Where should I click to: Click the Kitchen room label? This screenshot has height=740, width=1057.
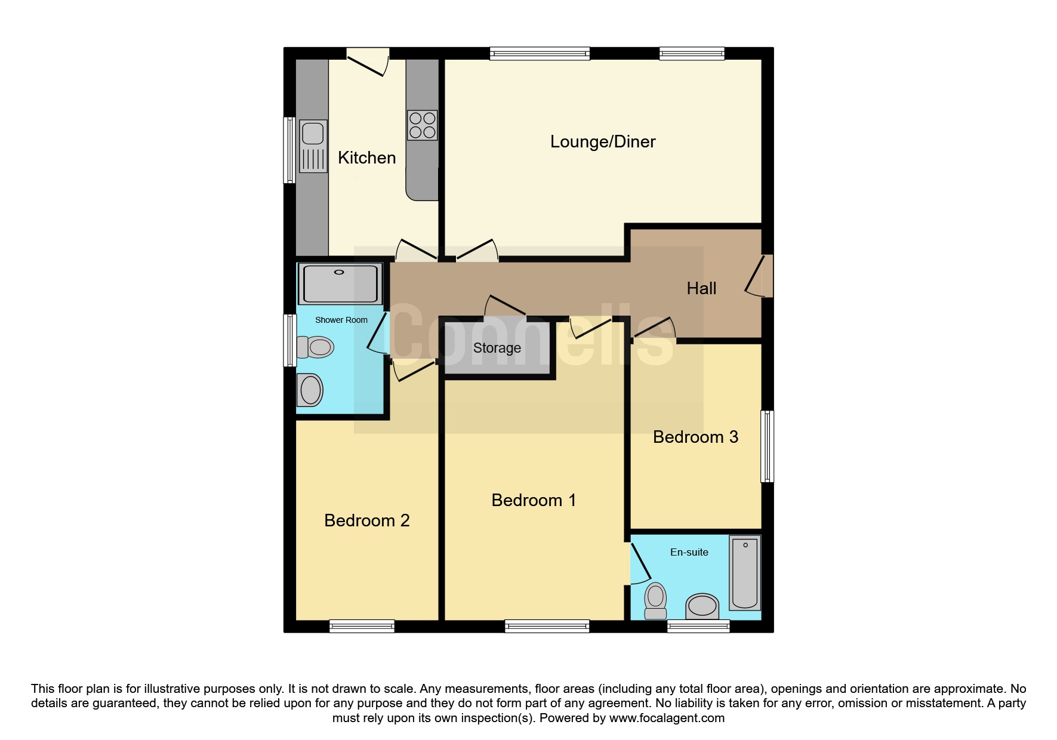(366, 158)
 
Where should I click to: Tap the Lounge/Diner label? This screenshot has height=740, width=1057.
(603, 142)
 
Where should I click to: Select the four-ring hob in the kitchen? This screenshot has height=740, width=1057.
(422, 125)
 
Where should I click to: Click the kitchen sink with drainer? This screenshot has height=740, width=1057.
(313, 146)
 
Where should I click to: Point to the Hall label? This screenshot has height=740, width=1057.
(701, 289)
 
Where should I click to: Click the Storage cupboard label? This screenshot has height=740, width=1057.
(497, 348)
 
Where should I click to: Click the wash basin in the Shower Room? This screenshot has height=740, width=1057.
(310, 390)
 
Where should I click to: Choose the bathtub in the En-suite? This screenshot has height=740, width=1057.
(744, 573)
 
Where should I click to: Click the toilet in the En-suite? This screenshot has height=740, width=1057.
(655, 600)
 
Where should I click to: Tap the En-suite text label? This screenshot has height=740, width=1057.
(689, 553)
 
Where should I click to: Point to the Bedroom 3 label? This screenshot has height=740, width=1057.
(695, 437)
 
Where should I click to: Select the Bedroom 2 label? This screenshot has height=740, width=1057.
(366, 521)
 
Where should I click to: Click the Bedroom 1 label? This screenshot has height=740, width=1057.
(534, 501)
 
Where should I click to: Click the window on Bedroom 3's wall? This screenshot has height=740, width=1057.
(767, 446)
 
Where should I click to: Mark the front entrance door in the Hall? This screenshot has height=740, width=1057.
(759, 276)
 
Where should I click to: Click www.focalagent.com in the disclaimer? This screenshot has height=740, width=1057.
(667, 719)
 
